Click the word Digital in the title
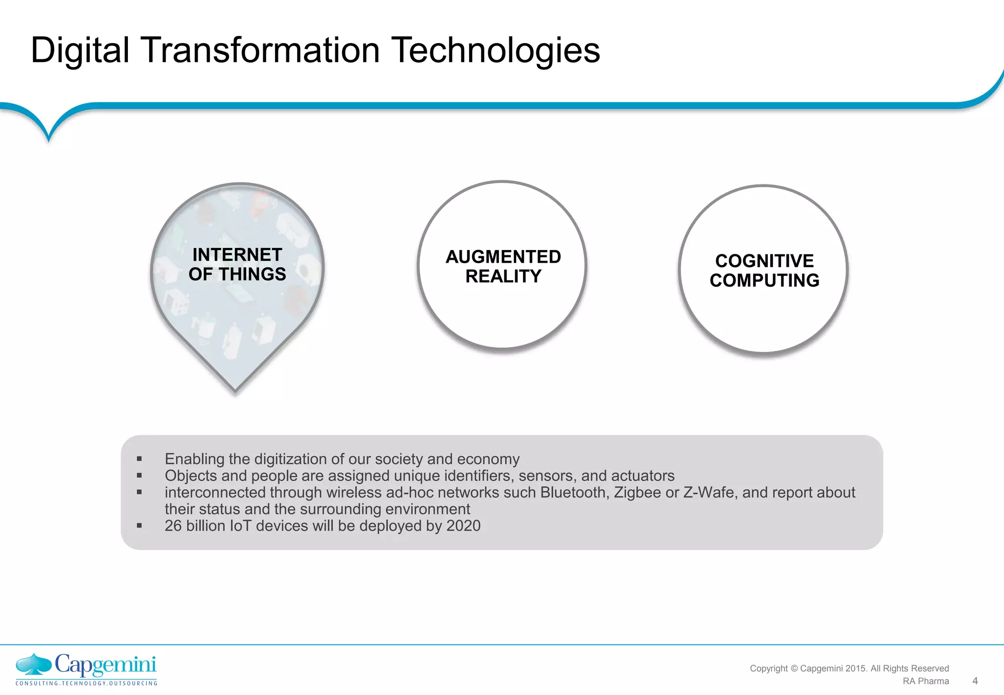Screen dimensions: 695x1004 [x=80, y=50]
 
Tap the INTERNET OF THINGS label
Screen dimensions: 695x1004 [x=237, y=265]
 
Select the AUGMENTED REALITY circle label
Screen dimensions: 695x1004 [x=503, y=267]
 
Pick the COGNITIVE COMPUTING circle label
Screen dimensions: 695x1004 [x=764, y=271]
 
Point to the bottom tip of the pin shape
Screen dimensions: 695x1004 [x=235, y=391]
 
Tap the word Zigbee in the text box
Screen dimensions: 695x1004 [x=637, y=493]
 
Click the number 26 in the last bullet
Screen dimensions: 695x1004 [x=173, y=526]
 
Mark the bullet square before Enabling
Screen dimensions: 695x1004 [x=139, y=459]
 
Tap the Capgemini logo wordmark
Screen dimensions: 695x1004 [x=105, y=665]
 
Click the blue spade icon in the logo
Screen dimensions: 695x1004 [x=33, y=664]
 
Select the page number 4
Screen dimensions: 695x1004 [x=975, y=681]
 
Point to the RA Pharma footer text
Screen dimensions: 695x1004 [x=926, y=681]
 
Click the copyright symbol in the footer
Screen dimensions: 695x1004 [x=794, y=669]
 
